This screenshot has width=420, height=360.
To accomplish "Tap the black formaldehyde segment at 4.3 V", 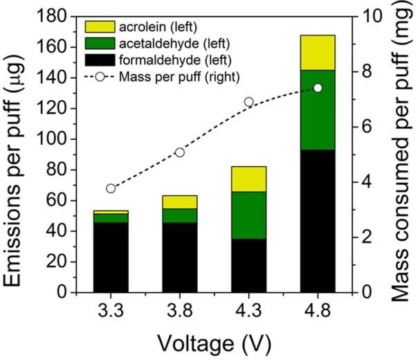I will (249, 265).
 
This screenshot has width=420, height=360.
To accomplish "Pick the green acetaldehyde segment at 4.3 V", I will (249, 215).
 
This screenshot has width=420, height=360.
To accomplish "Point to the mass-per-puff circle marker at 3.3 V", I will (111, 188).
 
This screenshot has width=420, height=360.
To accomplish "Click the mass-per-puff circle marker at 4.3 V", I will (249, 102).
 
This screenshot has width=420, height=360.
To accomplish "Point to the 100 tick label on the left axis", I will (60, 138).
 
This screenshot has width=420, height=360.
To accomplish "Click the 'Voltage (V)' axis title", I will (214, 343).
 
